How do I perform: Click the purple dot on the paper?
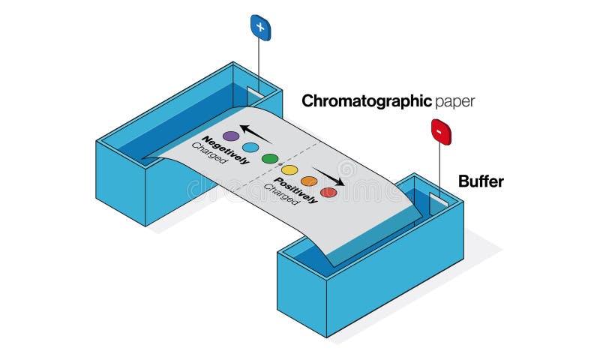[x=231, y=136]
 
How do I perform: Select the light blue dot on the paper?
[x=250, y=147]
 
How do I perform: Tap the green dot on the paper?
[x=270, y=159]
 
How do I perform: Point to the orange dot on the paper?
[x=309, y=181]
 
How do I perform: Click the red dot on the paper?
[x=328, y=193]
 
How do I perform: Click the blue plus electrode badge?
[x=260, y=28]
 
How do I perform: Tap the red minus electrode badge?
[x=440, y=132]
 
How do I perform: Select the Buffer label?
[x=481, y=181]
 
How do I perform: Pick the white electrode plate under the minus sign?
[x=438, y=199]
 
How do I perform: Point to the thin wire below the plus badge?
[x=260, y=64]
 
